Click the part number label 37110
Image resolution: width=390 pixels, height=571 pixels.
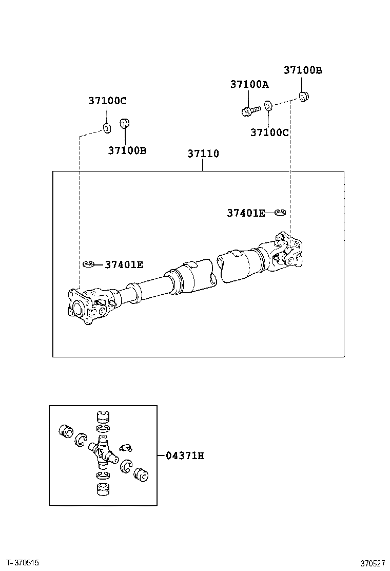click(203, 154)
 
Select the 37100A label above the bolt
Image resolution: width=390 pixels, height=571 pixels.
click(249, 85)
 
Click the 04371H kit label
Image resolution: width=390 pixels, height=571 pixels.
click(185, 455)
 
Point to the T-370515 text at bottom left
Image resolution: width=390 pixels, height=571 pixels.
click(24, 563)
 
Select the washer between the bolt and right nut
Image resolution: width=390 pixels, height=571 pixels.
click(268, 106)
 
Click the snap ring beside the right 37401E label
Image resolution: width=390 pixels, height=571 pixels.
click(280, 212)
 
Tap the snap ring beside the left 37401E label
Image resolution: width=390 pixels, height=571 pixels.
click(88, 264)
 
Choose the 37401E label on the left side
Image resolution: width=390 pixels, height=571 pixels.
click(124, 265)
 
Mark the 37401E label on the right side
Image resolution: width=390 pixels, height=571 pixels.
click(246, 213)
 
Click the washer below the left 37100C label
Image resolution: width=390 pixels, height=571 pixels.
click(106, 127)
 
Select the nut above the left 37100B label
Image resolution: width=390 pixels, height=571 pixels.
click(124, 124)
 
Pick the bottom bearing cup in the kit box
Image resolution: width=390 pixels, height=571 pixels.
click(104, 489)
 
